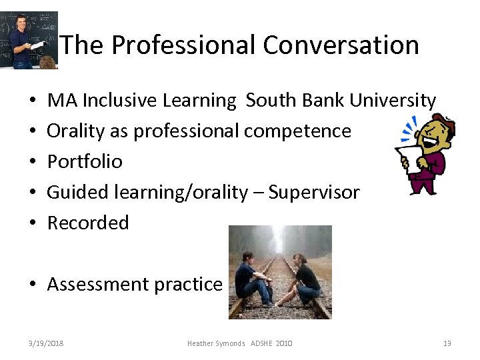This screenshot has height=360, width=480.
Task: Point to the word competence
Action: [297, 131]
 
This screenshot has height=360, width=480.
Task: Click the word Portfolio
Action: [85, 162]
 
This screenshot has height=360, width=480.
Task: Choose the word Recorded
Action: [88, 223]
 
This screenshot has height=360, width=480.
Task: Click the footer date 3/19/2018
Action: [46, 343]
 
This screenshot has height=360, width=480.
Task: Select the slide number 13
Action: [447, 343]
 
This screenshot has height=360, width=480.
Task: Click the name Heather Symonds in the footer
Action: [216, 343]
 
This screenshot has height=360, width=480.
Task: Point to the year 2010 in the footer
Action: [283, 343]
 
